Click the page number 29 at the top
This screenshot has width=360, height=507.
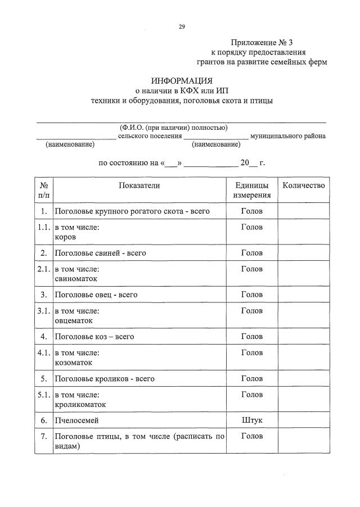pos(182,26)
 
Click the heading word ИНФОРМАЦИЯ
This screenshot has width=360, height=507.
pos(181,80)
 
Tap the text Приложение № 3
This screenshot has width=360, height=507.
pos(262,43)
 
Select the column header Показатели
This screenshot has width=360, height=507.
pos(139,185)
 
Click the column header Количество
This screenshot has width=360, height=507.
pos(303,185)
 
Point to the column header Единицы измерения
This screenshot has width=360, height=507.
pos(251,191)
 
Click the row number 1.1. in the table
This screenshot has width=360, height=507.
pos(43,228)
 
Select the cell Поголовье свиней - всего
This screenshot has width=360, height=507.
pos(100,253)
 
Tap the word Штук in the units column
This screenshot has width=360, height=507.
pos(251,420)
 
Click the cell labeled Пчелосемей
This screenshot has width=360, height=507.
pos(76,420)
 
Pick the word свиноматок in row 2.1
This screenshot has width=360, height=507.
pos(76,278)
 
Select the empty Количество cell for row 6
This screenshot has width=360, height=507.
pos(303,420)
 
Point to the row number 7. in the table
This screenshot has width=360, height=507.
pos(43,436)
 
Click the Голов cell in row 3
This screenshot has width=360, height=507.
pos(251,295)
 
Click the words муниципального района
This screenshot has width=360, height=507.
pos(288,135)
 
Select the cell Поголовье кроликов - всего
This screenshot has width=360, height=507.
pos(104,379)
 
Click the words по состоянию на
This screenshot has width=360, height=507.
pos(128,163)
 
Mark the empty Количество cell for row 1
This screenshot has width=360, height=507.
pos(303,211)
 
